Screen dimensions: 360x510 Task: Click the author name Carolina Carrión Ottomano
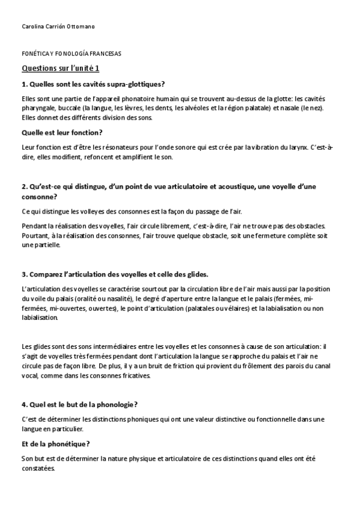coord(58,26)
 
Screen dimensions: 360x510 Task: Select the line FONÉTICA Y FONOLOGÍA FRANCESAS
coord(72,54)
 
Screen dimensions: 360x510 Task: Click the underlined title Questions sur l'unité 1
coord(61,69)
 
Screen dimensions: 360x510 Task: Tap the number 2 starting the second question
coord(23,187)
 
